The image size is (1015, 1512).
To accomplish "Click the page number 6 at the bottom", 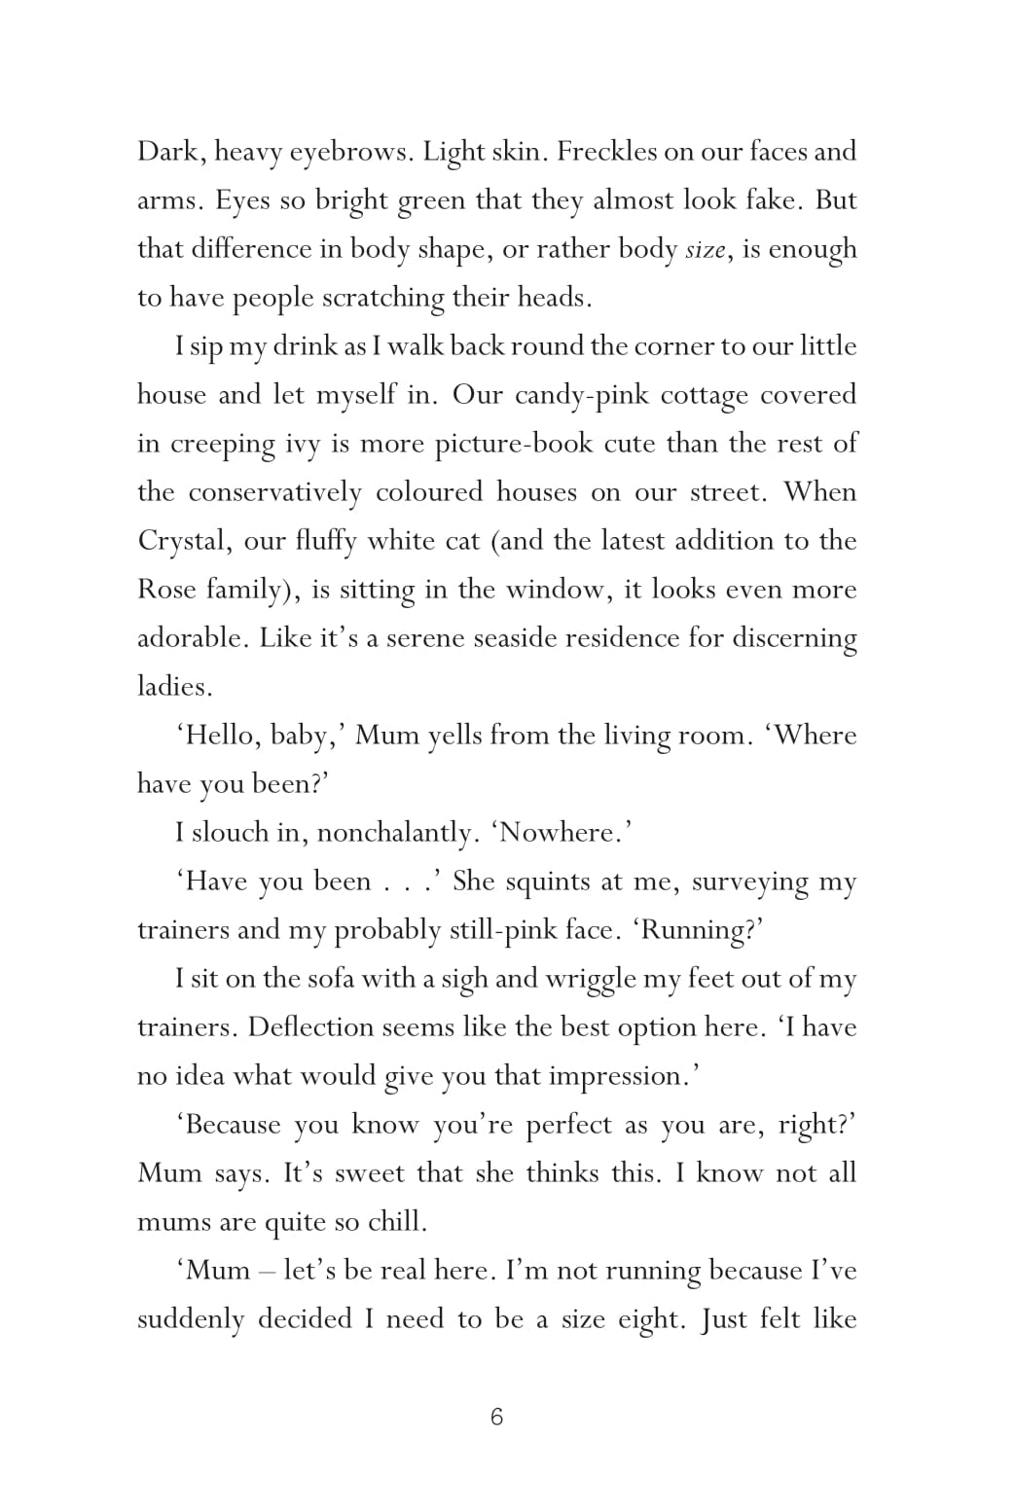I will pos(496,1417).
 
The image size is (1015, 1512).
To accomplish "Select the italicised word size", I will pos(706,250).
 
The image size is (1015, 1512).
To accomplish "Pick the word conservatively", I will pos(274,492).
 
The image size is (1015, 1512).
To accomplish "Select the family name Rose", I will pos(166,590).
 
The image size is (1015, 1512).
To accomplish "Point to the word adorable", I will pos(191,638).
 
